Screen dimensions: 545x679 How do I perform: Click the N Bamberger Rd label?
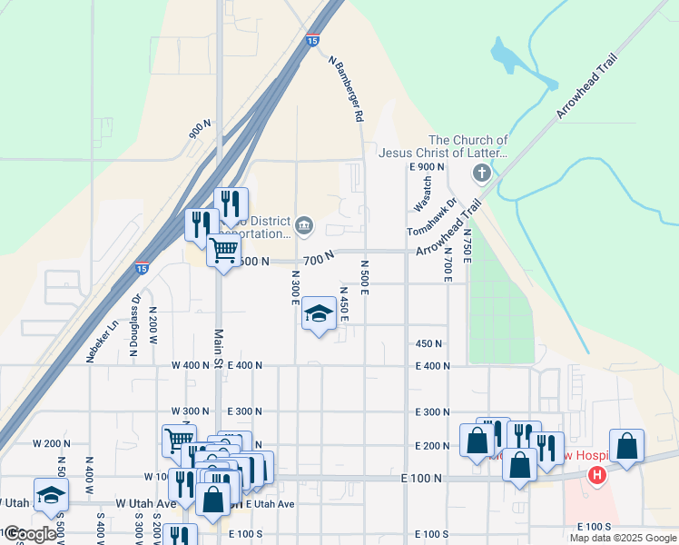pyautogui.click(x=347, y=91)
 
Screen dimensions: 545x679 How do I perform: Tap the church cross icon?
pyautogui.click(x=482, y=173)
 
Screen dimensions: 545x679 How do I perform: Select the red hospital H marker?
pyautogui.click(x=597, y=474)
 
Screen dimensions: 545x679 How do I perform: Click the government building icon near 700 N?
pyautogui.click(x=304, y=224)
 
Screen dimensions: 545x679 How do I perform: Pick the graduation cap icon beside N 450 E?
pyautogui.click(x=319, y=314)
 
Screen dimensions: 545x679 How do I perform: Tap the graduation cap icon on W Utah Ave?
pyautogui.click(x=52, y=494)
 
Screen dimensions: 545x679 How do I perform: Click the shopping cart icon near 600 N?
pyautogui.click(x=223, y=249)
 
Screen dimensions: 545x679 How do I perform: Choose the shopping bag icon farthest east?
pyautogui.click(x=626, y=445)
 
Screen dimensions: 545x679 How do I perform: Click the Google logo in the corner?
pyautogui.click(x=30, y=534)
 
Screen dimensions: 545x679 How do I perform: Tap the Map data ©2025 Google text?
pyautogui.click(x=623, y=538)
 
